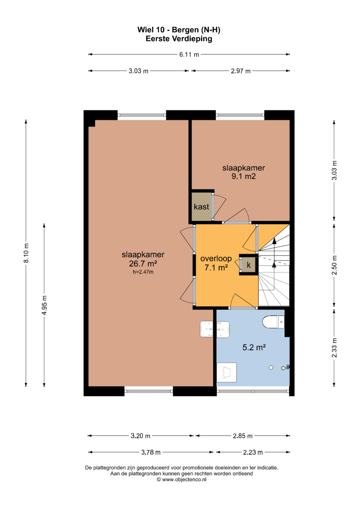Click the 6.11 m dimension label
point(189,55)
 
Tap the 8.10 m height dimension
point(26,253)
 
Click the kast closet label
point(201,207)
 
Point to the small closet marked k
point(249,265)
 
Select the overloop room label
point(216,258)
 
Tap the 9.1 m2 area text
point(243,176)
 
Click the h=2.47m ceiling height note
point(143,272)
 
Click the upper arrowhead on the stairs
point(274,241)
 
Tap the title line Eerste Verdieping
point(179,39)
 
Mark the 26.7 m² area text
point(143,264)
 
